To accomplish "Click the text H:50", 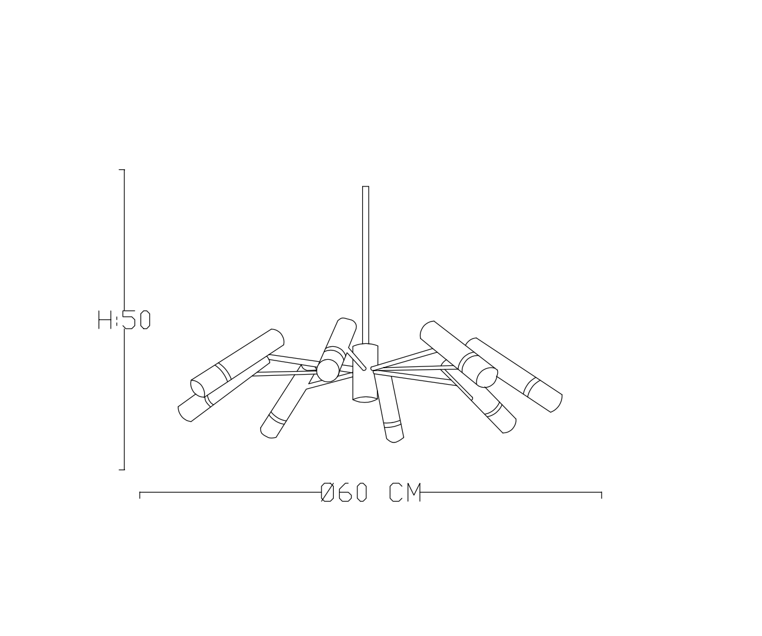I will click(x=124, y=320).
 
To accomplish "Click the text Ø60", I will click(x=344, y=493).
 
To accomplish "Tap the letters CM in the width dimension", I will click(x=405, y=493).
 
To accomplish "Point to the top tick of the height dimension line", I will click(x=122, y=170).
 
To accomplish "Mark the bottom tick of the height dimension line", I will click(x=122, y=470).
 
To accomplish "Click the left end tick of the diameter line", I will click(x=140, y=494).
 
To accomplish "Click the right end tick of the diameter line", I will click(x=601, y=494).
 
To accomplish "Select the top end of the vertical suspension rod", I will click(x=365, y=188).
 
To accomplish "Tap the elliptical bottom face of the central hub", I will click(x=365, y=399).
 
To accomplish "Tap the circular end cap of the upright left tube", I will click(x=328, y=370).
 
